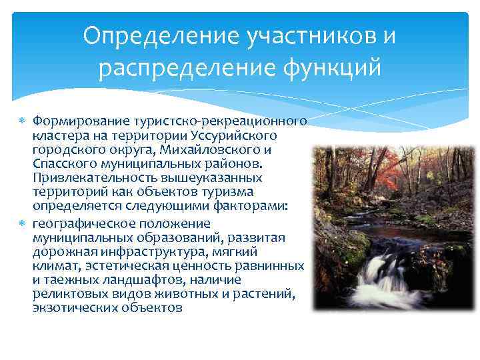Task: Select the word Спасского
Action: [61, 164]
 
